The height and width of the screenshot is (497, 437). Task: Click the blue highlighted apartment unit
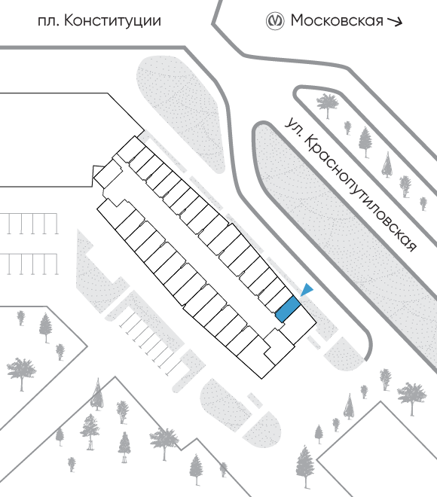pyautogui.click(x=288, y=309)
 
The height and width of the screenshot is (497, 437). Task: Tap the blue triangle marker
pyautogui.click(x=307, y=289)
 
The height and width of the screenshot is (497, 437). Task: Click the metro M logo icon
pyautogui.click(x=275, y=21)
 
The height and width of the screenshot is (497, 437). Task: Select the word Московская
pyautogui.click(x=337, y=21)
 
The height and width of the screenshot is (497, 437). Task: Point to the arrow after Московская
pyautogui.click(x=395, y=21)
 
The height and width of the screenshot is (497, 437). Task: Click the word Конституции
pyautogui.click(x=113, y=21)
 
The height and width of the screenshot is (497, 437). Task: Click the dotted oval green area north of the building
pyautogui.click(x=182, y=112)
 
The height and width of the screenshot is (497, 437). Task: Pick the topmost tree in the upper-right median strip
pyautogui.click(x=328, y=105)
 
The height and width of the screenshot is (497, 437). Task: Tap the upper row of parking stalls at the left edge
pyautogui.click(x=29, y=224)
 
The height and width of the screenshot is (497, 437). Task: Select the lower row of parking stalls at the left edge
pyautogui.click(x=29, y=264)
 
